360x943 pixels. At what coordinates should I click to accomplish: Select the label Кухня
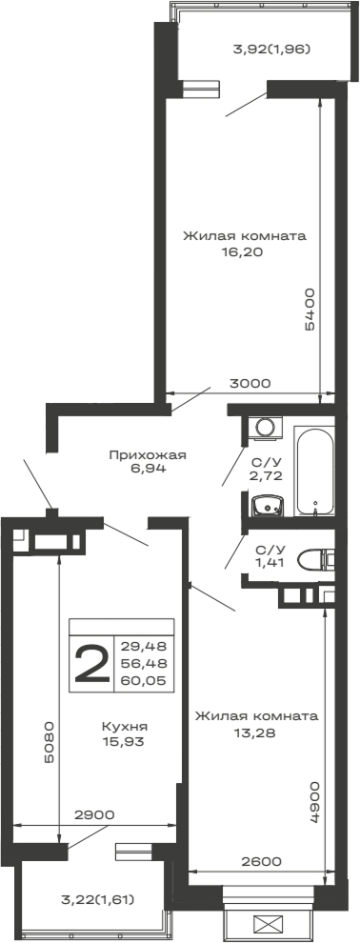click(125, 726)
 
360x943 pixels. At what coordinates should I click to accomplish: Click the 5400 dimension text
click(310, 309)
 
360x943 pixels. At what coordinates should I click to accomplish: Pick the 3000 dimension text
click(250, 383)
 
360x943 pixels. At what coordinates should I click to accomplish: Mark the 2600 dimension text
click(261, 861)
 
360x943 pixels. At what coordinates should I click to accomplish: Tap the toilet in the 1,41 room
click(313, 561)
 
